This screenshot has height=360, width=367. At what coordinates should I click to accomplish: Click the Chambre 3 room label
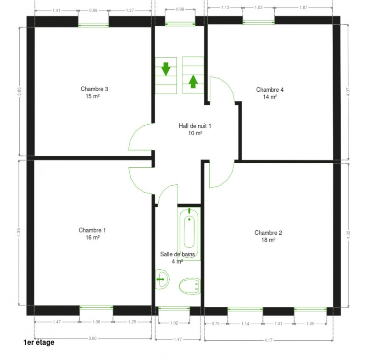click(95, 89)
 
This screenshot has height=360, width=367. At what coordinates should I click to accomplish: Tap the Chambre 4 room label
click(270, 89)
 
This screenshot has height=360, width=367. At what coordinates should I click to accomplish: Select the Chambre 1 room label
click(92, 230)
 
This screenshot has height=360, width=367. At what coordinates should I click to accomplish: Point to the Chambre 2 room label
click(268, 233)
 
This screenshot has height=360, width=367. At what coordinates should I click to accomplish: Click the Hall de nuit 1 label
click(195, 126)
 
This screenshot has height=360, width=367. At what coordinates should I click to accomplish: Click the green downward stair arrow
click(166, 69)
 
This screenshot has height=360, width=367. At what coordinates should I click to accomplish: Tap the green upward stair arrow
click(193, 82)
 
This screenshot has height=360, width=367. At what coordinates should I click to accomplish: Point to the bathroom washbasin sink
click(162, 279)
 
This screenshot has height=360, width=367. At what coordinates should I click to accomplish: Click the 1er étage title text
click(39, 342)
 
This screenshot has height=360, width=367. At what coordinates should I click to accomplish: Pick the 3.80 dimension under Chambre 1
click(93, 338)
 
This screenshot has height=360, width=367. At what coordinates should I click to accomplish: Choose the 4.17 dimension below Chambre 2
click(268, 340)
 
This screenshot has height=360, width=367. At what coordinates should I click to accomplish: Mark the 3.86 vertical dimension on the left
click(19, 91)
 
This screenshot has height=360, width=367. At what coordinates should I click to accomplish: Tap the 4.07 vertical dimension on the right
click(348, 92)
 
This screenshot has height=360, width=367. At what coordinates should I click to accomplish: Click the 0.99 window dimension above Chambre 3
click(93, 10)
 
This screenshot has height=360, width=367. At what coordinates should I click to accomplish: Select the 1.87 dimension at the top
click(303, 7)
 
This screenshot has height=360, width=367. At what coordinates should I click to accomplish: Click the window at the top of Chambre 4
click(259, 22)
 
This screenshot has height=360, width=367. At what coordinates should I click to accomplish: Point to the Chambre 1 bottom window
click(96, 307)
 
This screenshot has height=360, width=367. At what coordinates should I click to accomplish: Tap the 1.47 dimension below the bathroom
click(178, 339)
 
